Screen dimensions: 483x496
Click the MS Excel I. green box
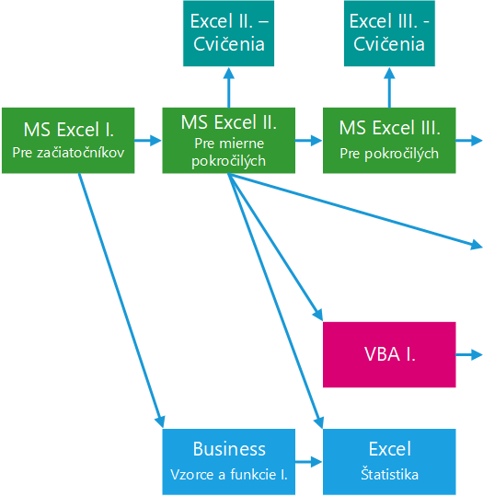[68, 141]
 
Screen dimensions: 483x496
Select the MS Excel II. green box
[229, 141]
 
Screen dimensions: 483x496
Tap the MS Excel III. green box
[389, 141]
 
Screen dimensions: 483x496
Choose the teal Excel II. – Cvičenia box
[229, 33]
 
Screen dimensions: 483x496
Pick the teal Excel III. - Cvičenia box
[389, 33]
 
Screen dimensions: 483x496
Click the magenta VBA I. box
[389, 354]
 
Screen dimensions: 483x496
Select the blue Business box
[229, 462]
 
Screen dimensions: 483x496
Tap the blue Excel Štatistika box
[389, 462]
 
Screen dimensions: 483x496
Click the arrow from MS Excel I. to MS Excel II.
[148, 141]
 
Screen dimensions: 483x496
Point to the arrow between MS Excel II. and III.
[309, 141]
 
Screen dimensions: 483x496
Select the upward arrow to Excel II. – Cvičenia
[229, 87]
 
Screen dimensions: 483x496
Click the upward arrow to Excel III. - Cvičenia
[389, 87]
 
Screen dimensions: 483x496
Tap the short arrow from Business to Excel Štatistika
[309, 462]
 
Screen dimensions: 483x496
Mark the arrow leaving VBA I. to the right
[469, 354]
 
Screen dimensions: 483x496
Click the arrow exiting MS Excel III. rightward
[469, 141]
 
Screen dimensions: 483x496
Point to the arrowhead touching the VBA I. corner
[318, 315]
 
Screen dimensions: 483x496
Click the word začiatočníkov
[81, 153]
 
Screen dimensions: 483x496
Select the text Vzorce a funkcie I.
[229, 475]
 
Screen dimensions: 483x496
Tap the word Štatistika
[389, 475]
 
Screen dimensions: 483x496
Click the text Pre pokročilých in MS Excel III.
[389, 154]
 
